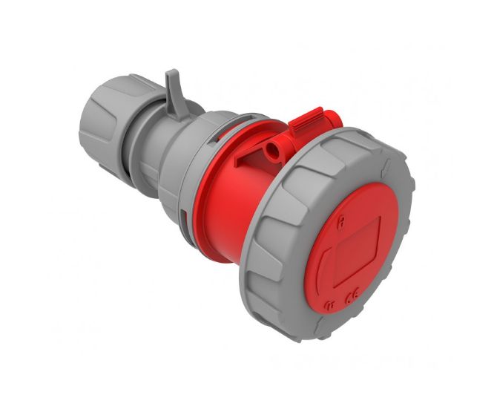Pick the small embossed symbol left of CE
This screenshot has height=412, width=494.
(x=329, y=303)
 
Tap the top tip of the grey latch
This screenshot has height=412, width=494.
(x=172, y=73)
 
